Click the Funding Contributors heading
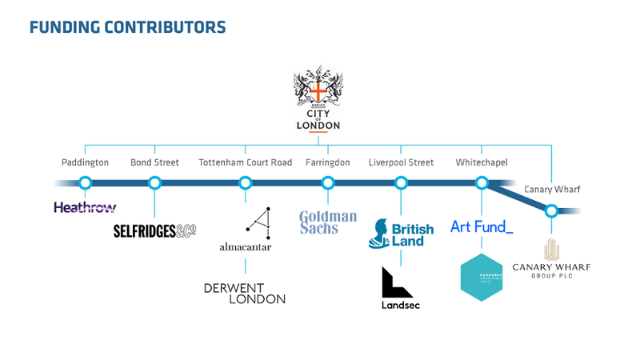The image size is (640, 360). (x=127, y=27)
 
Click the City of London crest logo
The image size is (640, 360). (x=319, y=99)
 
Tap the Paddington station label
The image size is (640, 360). (x=85, y=162)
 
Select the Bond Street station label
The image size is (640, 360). (x=154, y=162)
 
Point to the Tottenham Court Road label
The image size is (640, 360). (x=245, y=162)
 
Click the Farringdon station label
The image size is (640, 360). (x=327, y=162)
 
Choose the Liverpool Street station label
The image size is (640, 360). (x=401, y=162)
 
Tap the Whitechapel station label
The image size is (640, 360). (x=482, y=162)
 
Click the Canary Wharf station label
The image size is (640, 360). (x=551, y=190)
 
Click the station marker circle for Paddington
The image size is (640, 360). (x=85, y=182)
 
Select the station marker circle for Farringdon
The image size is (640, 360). (x=327, y=182)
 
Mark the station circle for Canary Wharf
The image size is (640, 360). (x=551, y=211)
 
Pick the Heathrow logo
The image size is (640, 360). (x=85, y=208)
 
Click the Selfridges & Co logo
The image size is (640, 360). (x=154, y=231)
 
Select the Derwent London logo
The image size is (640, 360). (x=245, y=293)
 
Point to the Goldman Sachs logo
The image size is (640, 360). (x=327, y=222)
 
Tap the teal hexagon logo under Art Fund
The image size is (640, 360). (x=482, y=277)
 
